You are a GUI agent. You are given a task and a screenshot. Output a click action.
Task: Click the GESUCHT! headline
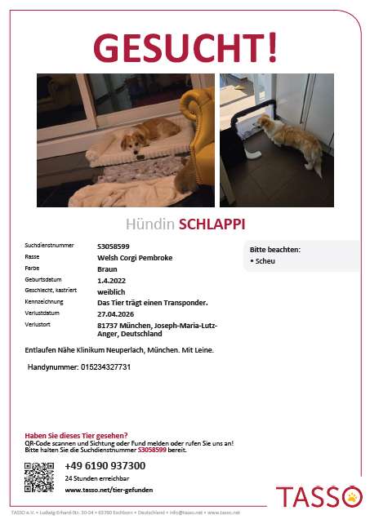pyautogui.click(x=185, y=47)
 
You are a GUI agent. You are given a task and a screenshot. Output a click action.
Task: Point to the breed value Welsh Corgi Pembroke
pyautogui.click(x=135, y=257)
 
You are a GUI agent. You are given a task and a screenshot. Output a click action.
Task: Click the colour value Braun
pyautogui.click(x=106, y=268)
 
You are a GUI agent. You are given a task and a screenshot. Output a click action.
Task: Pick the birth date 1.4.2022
pyautogui.click(x=110, y=279)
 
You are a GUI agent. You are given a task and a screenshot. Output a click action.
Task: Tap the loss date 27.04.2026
pyautogui.click(x=115, y=313)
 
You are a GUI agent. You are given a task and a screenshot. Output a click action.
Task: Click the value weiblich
pyautogui.click(x=111, y=290)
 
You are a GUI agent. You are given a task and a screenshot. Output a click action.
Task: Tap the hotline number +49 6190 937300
pyautogui.click(x=105, y=465)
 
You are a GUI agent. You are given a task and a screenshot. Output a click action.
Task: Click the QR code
pyautogui.click(x=39, y=477)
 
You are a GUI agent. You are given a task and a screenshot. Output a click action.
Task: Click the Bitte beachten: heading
pyautogui.click(x=274, y=249)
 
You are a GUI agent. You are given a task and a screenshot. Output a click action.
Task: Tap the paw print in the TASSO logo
pyautogui.click(x=352, y=495)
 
